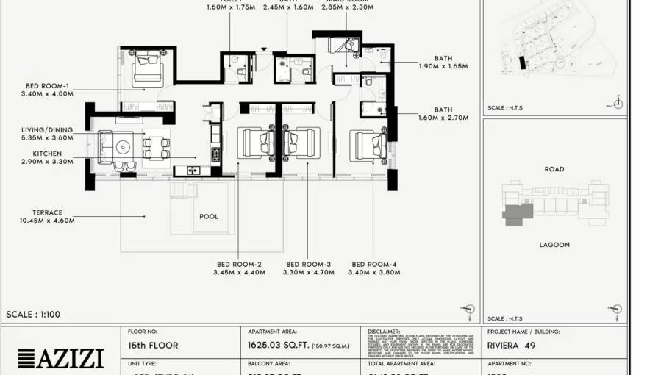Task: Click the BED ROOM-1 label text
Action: [47, 85]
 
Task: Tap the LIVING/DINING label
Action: [47, 129]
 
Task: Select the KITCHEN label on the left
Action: [47, 153]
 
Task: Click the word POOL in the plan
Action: [209, 217]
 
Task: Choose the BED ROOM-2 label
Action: [238, 264]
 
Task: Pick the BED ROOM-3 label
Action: [308, 264]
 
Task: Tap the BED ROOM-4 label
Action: [375, 264]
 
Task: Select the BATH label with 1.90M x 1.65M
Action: [443, 58]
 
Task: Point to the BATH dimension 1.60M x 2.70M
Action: [443, 118]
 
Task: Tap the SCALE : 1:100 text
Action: [33, 315]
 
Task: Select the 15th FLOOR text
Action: [153, 345]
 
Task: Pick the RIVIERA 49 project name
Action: [511, 345]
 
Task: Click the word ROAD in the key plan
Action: [554, 169]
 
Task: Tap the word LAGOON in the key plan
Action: [554, 245]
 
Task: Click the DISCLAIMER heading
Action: [384, 332]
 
